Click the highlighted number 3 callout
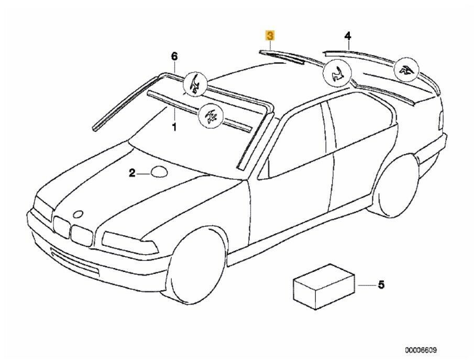tap(270, 36)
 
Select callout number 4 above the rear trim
tap(348, 36)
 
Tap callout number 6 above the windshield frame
tap(174, 56)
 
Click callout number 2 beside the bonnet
tap(132, 173)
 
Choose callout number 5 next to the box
tap(381, 285)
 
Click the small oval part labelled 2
tap(159, 171)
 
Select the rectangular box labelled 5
tap(324, 286)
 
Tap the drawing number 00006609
tap(421, 350)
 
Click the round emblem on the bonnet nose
tap(79, 214)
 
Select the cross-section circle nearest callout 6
tap(195, 84)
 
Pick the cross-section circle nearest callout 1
tap(211, 115)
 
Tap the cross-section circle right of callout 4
tap(406, 71)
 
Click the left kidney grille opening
tap(61, 227)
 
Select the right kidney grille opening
tap(81, 236)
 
